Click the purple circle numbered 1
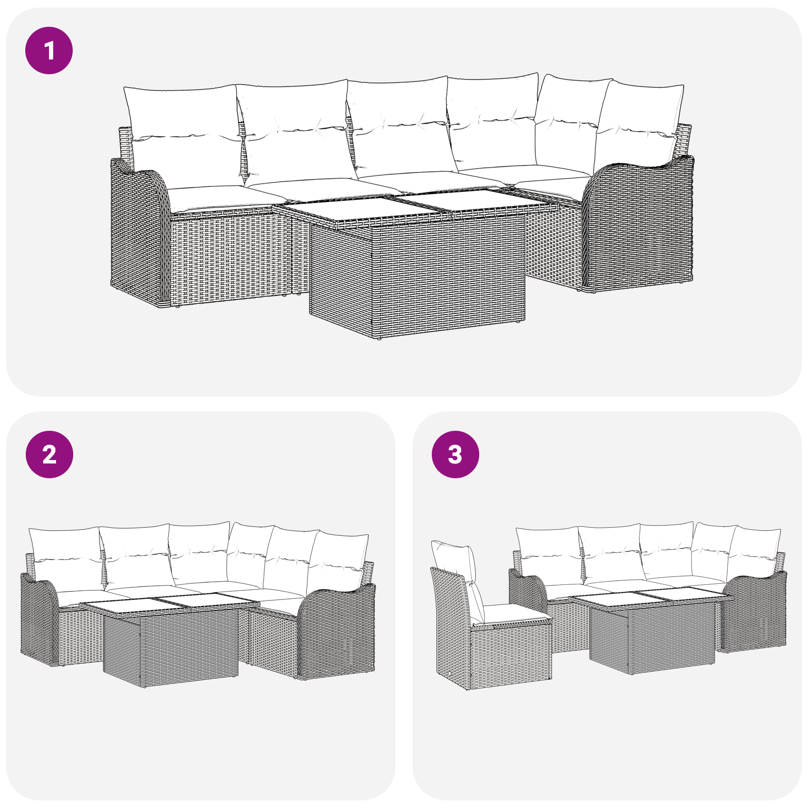[49, 50]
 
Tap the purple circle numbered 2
[49, 454]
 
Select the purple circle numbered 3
[456, 454]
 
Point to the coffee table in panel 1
[417, 263]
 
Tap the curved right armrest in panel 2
[336, 631]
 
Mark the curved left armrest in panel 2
[39, 619]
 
